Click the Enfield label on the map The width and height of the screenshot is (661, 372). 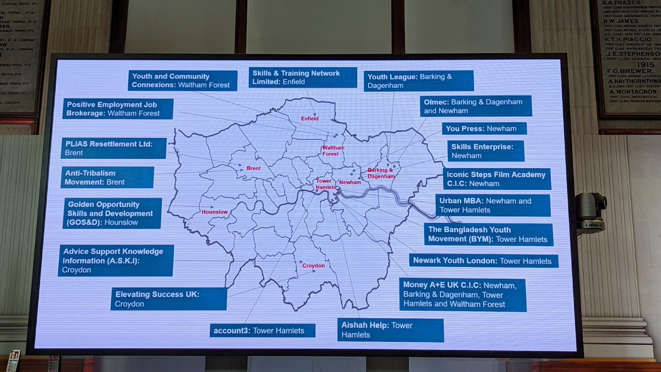(x=310, y=118)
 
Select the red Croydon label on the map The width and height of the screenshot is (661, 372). (x=313, y=266)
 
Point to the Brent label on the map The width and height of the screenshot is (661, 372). (x=253, y=168)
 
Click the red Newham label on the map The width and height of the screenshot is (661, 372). (x=350, y=182)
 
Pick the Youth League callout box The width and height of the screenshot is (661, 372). (x=419, y=81)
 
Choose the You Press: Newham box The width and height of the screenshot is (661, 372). (x=484, y=128)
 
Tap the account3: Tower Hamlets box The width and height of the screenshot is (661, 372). (x=262, y=331)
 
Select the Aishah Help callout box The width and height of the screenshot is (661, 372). (x=390, y=330)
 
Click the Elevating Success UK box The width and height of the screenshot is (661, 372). (x=169, y=299)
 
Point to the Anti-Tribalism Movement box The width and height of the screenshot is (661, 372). (x=109, y=177)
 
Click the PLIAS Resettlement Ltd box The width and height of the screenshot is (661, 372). (x=115, y=148)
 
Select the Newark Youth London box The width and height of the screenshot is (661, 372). (x=484, y=261)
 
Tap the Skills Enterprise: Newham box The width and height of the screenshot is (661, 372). (x=485, y=151)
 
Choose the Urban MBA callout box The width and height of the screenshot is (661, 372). (x=493, y=205)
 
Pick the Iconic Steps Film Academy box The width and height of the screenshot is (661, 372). (x=497, y=179)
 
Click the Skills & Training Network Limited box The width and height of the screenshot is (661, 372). (x=304, y=78)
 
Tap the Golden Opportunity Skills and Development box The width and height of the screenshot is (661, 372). (x=113, y=213)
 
